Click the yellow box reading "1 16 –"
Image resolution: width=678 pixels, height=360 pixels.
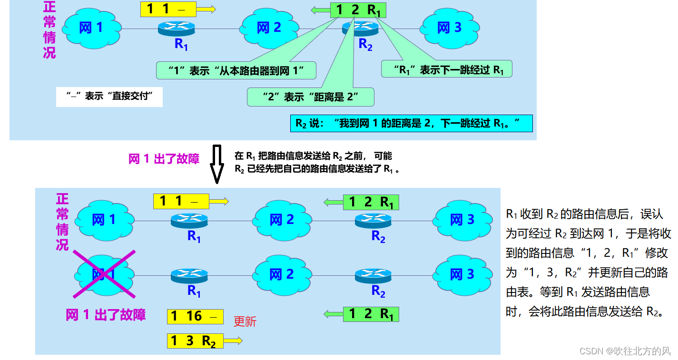coord(195,316)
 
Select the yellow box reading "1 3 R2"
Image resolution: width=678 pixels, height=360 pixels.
coord(195,341)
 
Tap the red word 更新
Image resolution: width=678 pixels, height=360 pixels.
coord(245,321)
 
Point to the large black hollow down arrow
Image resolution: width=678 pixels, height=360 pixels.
coord(217,165)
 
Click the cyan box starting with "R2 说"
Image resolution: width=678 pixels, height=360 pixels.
coord(411,123)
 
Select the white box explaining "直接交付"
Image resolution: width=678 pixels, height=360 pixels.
coord(109,97)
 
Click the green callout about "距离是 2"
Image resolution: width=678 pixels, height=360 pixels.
coord(311,97)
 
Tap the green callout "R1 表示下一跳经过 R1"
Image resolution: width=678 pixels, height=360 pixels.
coord(446,69)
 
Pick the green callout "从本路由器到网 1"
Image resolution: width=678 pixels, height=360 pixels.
coord(236,70)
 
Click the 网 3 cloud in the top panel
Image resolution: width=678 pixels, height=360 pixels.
coord(449,28)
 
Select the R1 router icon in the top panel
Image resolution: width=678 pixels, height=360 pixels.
coord(177,29)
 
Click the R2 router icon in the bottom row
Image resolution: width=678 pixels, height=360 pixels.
coord(373,275)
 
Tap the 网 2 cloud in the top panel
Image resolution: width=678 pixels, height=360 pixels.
coord(269,28)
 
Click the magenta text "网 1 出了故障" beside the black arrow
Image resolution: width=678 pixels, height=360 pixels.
coord(164,159)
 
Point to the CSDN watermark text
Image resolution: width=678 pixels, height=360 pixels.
coord(625,351)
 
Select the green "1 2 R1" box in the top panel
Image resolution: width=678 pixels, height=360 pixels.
coord(358,10)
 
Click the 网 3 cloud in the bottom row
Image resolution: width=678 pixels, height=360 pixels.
coord(462,274)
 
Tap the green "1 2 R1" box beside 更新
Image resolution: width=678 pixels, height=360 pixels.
coord(371,314)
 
